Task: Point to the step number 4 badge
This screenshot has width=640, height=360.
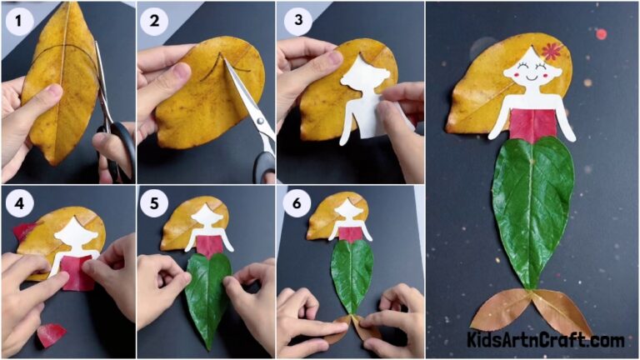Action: point(17,202)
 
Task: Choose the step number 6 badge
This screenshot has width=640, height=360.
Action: point(293,202)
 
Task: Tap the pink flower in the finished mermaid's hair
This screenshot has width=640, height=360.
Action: point(551,51)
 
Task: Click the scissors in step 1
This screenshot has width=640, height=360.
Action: point(112,125)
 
